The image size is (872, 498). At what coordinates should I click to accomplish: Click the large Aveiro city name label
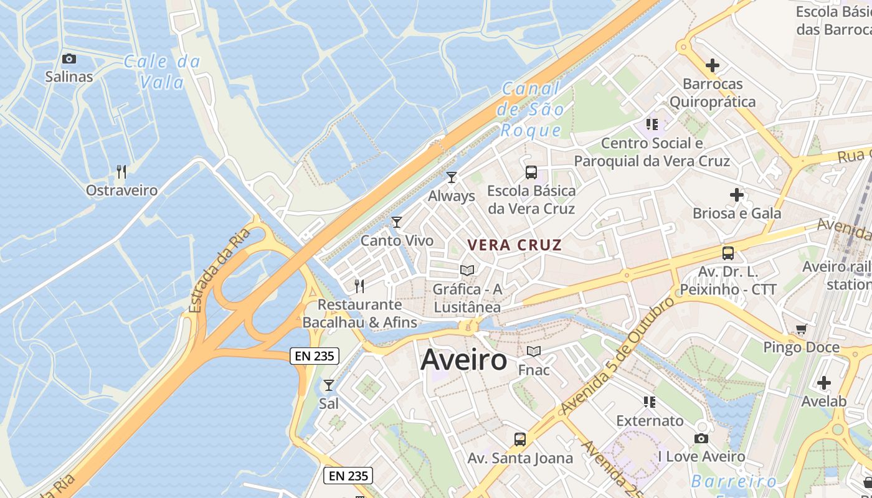pos(464,360)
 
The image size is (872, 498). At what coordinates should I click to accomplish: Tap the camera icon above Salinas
pos(69,59)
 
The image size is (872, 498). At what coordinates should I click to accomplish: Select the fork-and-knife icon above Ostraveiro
pos(121,172)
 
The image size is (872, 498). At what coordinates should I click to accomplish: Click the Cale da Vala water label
pos(162,72)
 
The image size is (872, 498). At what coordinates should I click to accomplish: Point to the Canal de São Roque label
pos(531,110)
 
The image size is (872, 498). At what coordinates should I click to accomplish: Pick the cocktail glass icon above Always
pos(452,177)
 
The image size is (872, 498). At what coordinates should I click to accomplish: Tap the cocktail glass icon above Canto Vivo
pos(397,222)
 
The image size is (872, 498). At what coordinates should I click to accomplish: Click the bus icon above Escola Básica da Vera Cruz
pos(531,172)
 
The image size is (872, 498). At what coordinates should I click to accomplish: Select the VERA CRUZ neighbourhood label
pos(514,245)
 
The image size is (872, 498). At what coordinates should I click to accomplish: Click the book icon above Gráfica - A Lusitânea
pos(467,270)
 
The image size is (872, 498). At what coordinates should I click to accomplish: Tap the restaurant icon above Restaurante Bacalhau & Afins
pos(359,286)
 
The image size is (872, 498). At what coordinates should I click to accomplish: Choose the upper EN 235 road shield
pos(315,356)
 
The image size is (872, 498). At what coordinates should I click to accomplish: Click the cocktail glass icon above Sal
pos(329,385)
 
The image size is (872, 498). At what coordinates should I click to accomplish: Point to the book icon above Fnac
pos(534,352)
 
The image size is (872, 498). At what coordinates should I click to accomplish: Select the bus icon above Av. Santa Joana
pos(520,439)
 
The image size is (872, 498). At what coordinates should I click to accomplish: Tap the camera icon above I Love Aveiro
pos(701,438)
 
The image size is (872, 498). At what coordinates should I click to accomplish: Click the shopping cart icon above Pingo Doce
pos(801,329)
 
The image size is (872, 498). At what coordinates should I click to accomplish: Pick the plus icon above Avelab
pos(824,383)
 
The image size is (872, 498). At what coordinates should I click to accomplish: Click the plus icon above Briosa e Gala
pos(737,195)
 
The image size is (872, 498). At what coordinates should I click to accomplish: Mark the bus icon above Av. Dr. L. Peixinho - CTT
pos(728,253)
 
